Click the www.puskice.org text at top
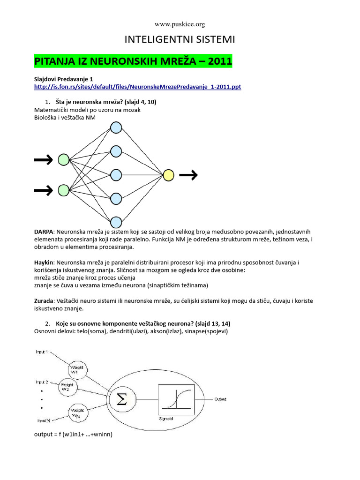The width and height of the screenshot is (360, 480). [x=180, y=24]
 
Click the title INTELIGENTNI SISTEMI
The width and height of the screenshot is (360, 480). [x=180, y=40]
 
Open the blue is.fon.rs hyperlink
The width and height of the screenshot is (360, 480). [x=138, y=87]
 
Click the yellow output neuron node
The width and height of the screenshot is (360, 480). [x=168, y=175]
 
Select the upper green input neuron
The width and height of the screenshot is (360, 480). [x=63, y=160]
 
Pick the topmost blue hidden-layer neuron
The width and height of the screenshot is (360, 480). [x=116, y=127]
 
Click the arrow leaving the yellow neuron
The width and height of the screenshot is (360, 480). [x=188, y=175]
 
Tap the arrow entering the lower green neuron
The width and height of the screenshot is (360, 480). [x=43, y=190]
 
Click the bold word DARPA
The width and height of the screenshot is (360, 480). [x=44, y=232]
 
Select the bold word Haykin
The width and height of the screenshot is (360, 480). [x=44, y=263]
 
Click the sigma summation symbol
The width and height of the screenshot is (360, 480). [x=121, y=399]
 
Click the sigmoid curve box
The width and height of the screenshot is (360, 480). [x=177, y=399]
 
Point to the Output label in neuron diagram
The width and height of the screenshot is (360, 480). [x=220, y=399]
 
